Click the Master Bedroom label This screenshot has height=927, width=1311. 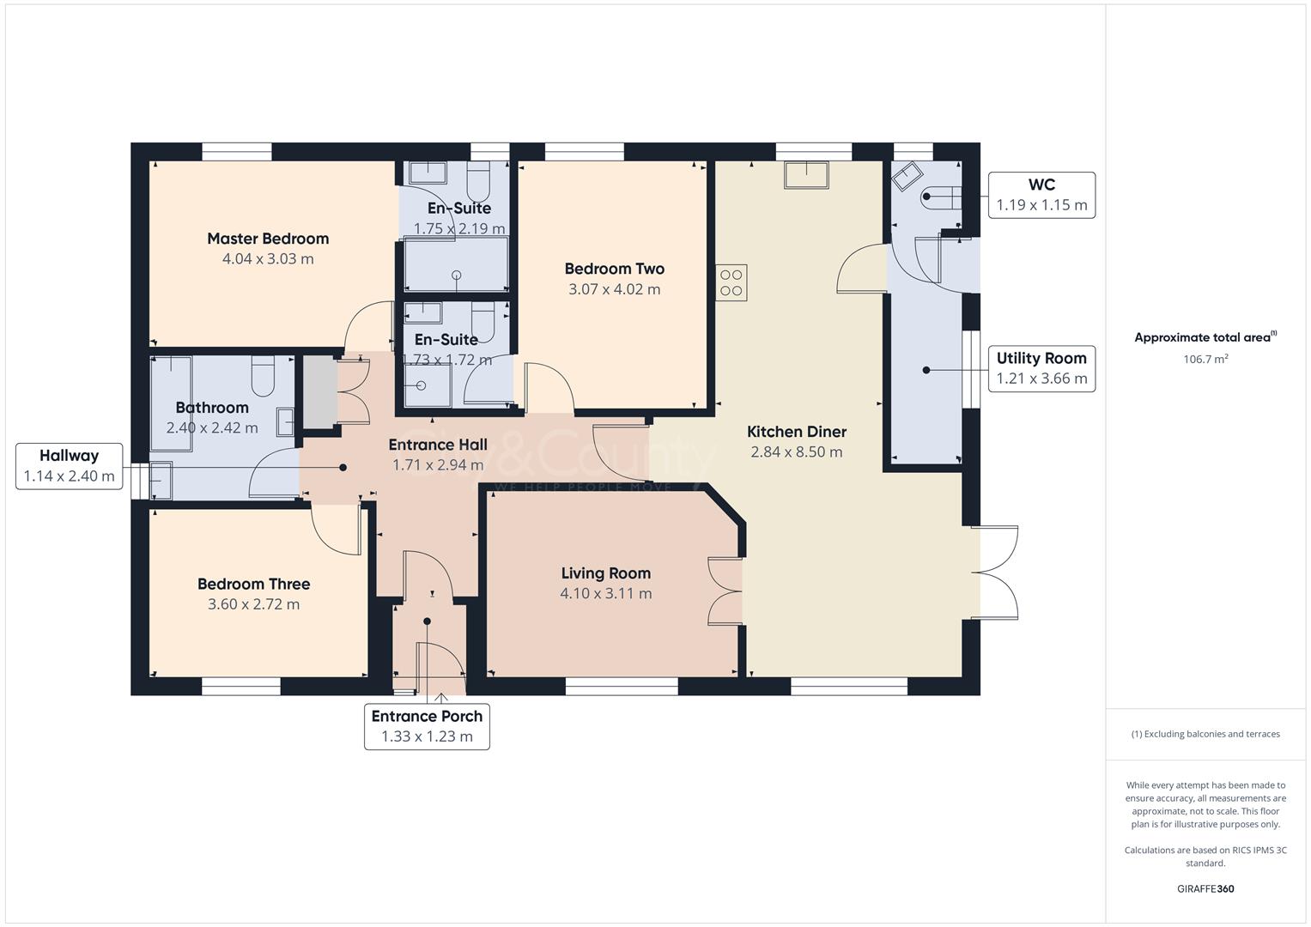pos(268,239)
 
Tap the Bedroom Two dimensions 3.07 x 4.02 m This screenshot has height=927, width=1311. pos(614,289)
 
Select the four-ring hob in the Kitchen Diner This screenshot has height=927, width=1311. pos(731,282)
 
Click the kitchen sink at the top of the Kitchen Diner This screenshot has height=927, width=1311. pos(806,175)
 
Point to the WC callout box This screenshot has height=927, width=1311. pos(1041,195)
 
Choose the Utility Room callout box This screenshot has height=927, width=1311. pos(1041,368)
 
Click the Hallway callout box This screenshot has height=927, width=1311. pos(69,466)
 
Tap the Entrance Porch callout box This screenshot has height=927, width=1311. pos(427,726)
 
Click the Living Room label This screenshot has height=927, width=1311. pos(605,573)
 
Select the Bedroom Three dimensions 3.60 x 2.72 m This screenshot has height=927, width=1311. pos(253,604)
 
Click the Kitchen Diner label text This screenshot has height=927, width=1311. pos(796,432)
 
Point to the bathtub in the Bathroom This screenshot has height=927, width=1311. pos(171,403)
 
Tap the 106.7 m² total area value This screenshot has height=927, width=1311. pos(1205,359)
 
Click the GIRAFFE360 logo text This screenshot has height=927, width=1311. pos(1205,888)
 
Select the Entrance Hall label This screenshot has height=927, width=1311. pos(437,445)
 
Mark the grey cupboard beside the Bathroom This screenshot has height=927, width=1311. pos(319,392)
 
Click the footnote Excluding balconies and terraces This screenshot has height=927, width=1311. pos(1205,734)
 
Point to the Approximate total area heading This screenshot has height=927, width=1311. pos(1205,337)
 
